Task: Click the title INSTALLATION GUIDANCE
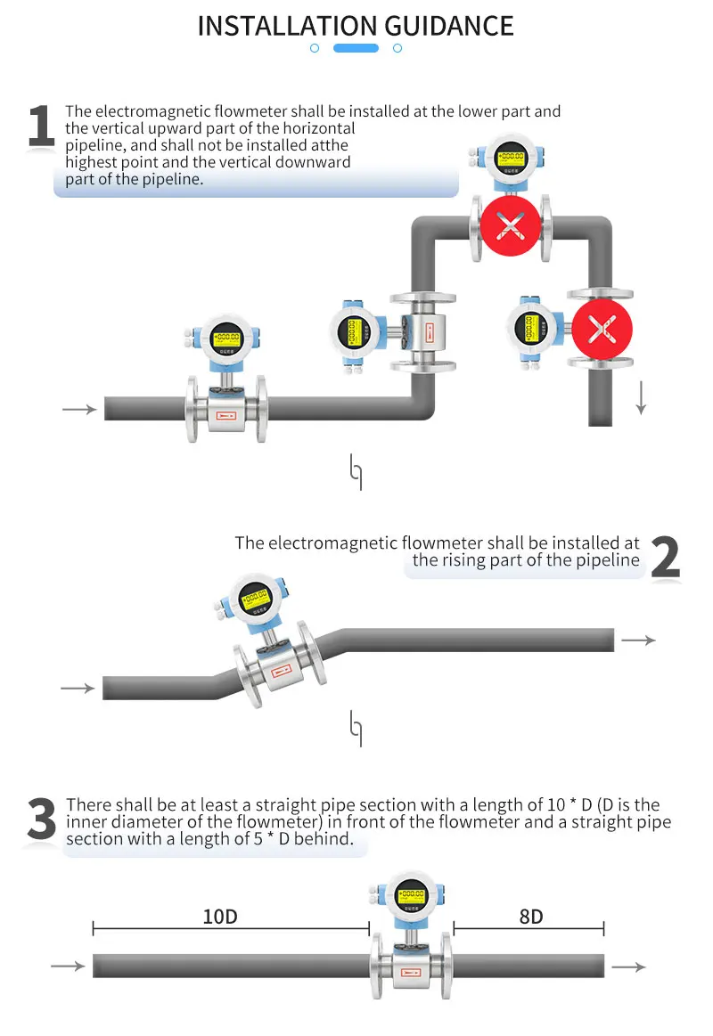click(x=356, y=25)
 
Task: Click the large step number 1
click(x=41, y=126)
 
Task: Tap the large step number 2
click(x=665, y=558)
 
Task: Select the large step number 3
click(x=41, y=820)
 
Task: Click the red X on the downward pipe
click(x=602, y=330)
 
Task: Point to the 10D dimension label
click(x=219, y=917)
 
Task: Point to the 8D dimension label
click(x=530, y=917)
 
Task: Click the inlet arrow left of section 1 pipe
click(x=79, y=409)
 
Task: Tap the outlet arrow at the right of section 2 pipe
click(x=638, y=640)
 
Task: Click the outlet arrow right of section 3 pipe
click(x=629, y=967)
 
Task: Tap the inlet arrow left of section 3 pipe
click(x=68, y=967)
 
